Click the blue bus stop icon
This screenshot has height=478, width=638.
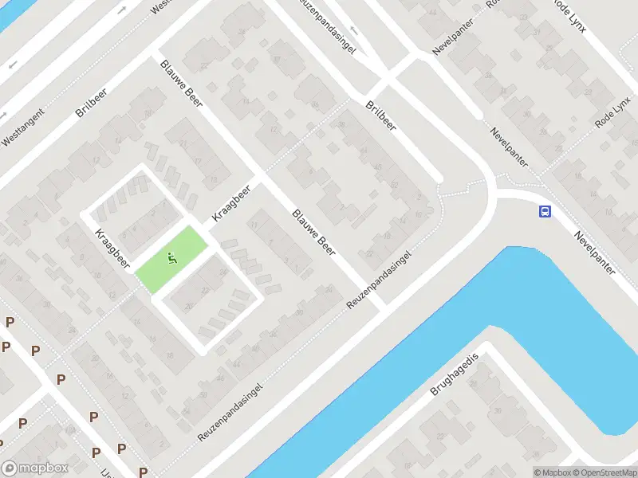pos(545,211)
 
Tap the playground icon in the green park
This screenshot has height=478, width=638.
pos(171,257)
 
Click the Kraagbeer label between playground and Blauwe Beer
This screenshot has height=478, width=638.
pos(231,204)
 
